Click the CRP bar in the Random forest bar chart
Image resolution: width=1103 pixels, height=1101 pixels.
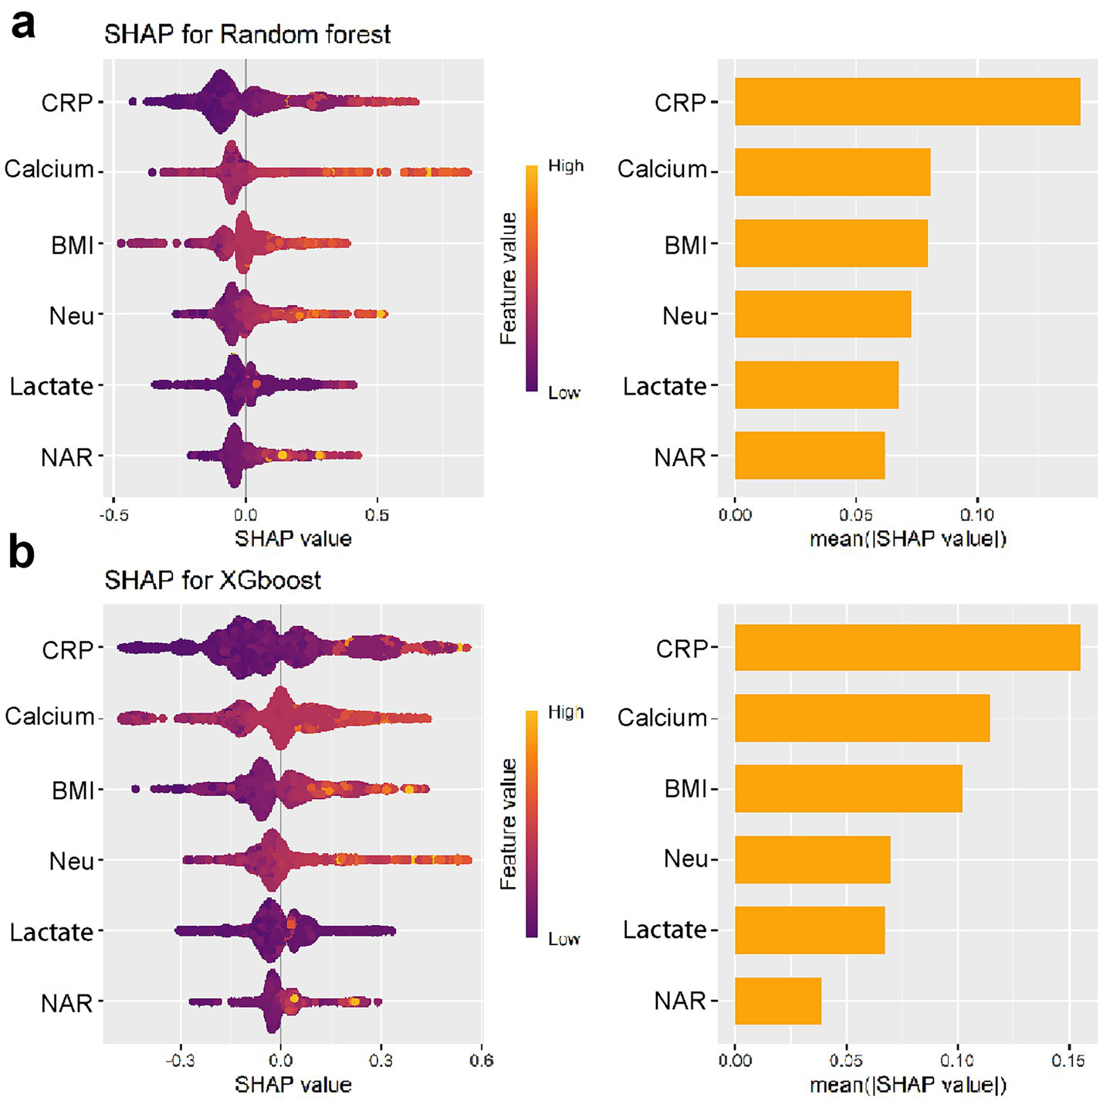click(907, 101)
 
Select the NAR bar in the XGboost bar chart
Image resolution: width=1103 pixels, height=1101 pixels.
click(777, 1001)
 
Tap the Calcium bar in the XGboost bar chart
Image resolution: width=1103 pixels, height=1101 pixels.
click(861, 717)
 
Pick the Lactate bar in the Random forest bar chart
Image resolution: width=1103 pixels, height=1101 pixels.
click(816, 385)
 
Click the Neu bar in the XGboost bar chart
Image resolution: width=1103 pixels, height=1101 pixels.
click(812, 859)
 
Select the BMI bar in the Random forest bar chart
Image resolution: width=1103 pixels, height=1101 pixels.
click(831, 243)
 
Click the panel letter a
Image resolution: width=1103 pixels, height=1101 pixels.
click(23, 23)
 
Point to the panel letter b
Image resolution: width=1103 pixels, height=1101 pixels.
click(22, 553)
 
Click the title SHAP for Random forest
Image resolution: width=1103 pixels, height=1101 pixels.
click(247, 35)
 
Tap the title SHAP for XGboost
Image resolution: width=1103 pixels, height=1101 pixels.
click(212, 580)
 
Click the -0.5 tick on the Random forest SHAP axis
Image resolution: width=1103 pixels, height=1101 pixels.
click(113, 515)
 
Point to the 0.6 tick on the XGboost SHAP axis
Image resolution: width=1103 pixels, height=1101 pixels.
click(481, 1060)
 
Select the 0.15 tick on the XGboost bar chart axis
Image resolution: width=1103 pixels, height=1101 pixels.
click(1067, 1060)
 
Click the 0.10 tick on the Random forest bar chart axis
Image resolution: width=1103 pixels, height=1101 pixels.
click(976, 515)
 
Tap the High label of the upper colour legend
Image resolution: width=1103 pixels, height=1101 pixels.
click(566, 166)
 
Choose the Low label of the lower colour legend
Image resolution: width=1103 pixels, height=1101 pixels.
click(563, 939)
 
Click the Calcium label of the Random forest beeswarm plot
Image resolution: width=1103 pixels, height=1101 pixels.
click(49, 169)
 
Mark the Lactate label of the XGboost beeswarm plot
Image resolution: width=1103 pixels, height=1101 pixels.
click(51, 932)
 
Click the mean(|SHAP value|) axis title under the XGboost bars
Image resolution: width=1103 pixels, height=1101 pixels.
click(908, 1085)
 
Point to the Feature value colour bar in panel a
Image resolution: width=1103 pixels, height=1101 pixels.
click(531, 278)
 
